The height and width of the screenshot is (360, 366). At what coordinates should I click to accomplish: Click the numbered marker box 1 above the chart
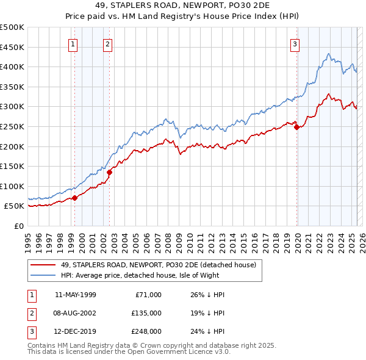click(73, 43)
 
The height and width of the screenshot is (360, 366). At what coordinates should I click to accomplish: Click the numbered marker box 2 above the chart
click(107, 43)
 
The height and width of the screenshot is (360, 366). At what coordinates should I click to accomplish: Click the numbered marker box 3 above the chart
click(295, 43)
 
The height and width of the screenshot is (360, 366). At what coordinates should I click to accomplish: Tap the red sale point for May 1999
click(74, 198)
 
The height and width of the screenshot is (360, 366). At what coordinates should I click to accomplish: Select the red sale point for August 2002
click(109, 172)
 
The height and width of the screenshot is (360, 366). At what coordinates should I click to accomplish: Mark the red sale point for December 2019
click(297, 127)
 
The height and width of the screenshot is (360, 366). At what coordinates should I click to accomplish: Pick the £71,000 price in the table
click(147, 294)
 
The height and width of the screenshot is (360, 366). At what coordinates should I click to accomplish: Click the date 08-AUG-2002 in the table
click(75, 312)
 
